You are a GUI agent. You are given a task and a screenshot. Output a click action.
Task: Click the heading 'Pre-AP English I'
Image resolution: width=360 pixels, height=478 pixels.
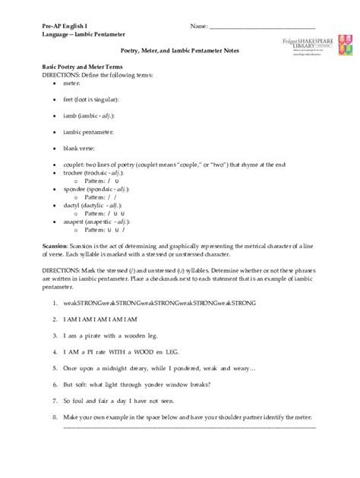[x=65, y=26]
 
